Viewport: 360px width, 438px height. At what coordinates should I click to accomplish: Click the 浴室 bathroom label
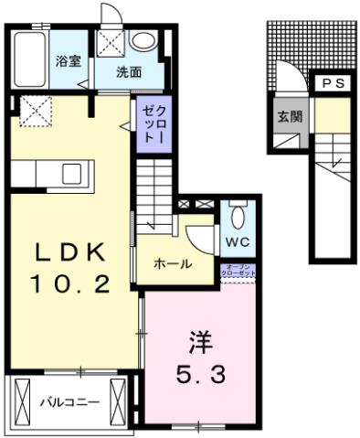coord(67,62)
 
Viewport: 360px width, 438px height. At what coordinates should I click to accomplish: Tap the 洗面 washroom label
coord(128,72)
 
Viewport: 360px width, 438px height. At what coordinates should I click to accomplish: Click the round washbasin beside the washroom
coord(143,41)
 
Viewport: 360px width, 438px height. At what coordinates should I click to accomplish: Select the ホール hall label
coord(172,263)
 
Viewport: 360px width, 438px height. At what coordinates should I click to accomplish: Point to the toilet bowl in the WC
coord(238,218)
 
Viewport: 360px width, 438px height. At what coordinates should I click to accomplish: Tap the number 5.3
coord(201,374)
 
